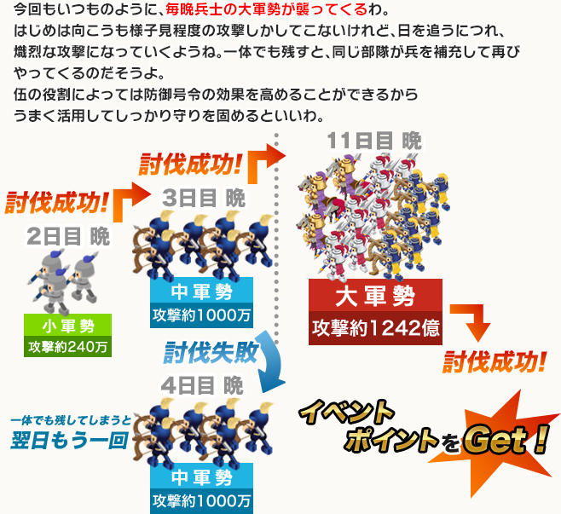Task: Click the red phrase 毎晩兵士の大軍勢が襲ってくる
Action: coord(266,9)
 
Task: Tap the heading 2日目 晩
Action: coord(68,236)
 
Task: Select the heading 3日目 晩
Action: coord(203,198)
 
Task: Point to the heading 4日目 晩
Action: coord(202,385)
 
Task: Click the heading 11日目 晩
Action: coord(374,141)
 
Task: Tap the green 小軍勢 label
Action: coord(68,325)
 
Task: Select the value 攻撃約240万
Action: coord(68,347)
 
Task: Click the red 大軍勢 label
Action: coord(375,296)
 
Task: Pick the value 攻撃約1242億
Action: coord(375,328)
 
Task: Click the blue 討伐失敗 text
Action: coord(211,352)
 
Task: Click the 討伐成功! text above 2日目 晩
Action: coord(56,203)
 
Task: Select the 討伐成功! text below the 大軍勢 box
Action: coord(494,361)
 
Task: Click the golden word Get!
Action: coord(506,439)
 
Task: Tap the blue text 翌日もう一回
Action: coord(69,440)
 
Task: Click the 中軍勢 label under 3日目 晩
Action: coord(201,292)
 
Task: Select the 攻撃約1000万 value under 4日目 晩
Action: coord(201,501)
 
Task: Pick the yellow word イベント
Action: coord(346,412)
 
